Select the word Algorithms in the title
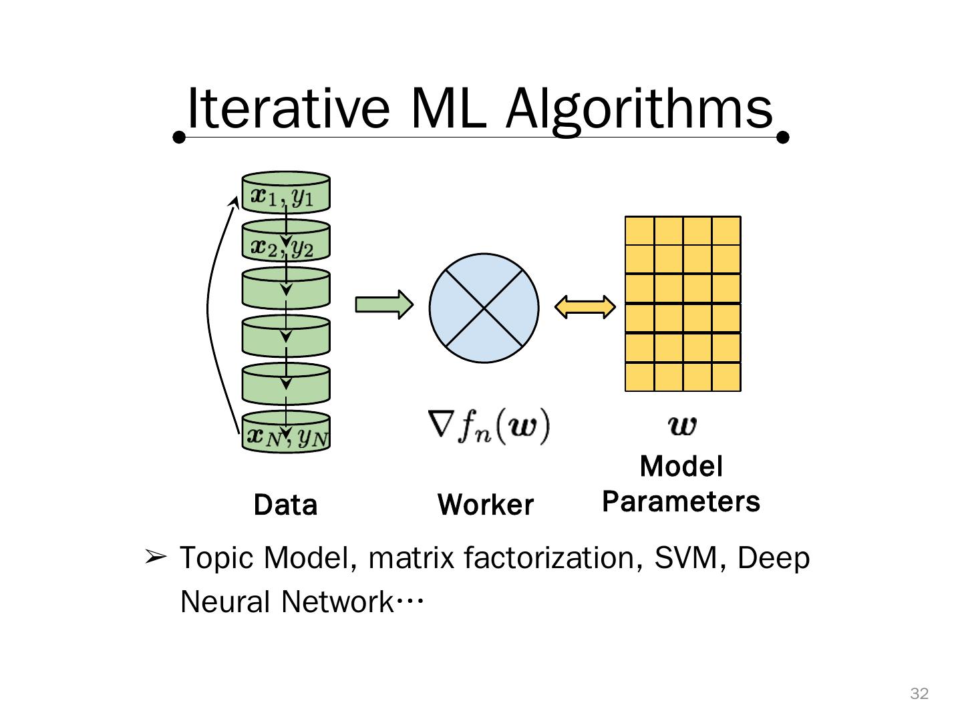coord(639,108)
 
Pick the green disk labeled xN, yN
coord(286,432)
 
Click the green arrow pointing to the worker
coord(384,305)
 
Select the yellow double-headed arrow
coord(585,307)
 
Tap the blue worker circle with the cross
coord(484,308)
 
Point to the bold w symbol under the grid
coord(682,425)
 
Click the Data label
coord(285,505)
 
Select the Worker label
coord(486,505)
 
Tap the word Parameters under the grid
coord(681,501)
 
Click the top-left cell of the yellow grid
coord(639,231)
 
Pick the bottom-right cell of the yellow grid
coord(726,377)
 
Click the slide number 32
coord(919,694)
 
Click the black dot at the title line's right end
coord(784,138)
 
